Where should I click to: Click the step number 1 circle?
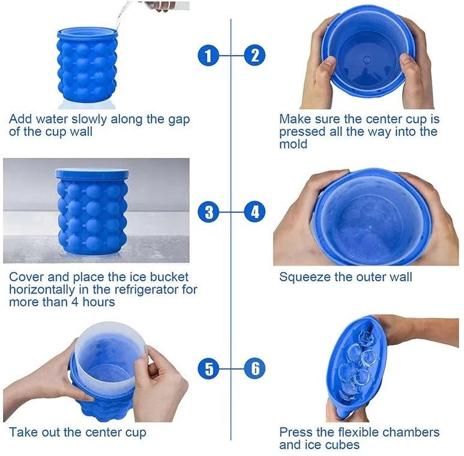tap(208, 56)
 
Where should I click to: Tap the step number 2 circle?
tap(255, 56)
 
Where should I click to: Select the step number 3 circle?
tap(208, 211)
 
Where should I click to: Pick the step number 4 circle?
tap(255, 211)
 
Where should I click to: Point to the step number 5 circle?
tap(208, 368)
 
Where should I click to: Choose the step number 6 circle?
tap(255, 368)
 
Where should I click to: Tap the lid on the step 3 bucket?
tap(92, 173)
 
